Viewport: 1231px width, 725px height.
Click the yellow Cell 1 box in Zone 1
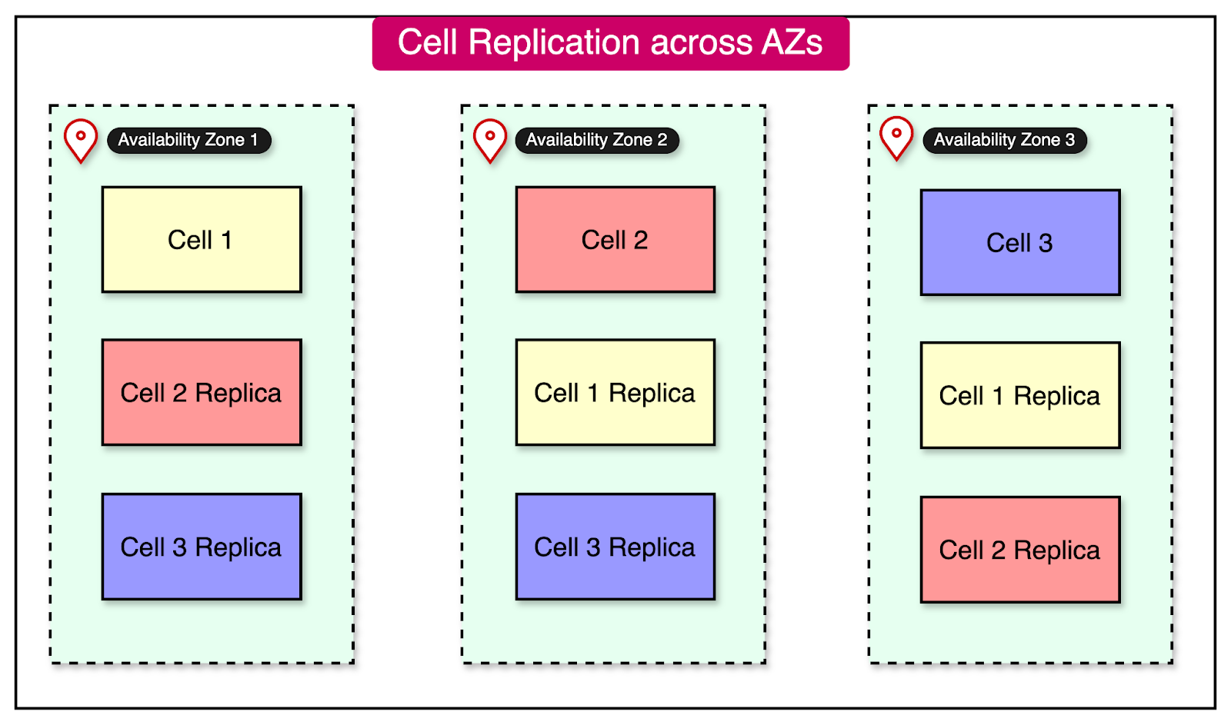click(202, 239)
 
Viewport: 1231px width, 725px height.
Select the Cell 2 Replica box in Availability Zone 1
click(202, 392)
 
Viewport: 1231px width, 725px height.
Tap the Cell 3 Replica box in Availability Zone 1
click(202, 547)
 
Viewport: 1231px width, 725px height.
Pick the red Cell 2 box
click(615, 239)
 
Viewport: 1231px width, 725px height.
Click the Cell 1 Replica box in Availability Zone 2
click(615, 392)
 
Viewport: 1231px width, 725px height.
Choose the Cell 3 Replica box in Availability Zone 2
click(615, 547)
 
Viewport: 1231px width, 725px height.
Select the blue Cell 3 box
click(1019, 242)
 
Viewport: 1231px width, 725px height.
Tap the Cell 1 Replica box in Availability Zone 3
click(1019, 395)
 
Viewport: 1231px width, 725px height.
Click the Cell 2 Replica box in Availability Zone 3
click(1019, 550)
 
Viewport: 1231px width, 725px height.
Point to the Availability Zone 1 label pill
click(188, 140)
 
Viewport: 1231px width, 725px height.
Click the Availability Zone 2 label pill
click(596, 140)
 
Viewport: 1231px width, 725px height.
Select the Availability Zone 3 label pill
click(1004, 140)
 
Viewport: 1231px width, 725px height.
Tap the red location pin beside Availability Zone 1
click(81, 139)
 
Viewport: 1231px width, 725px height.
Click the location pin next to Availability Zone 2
click(490, 139)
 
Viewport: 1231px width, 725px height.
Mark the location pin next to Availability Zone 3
click(896, 137)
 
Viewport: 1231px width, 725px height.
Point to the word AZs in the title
click(792, 42)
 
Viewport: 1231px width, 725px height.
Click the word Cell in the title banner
click(427, 42)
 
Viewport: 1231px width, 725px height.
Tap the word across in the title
click(701, 42)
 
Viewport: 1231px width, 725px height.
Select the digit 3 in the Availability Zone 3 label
click(1069, 140)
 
